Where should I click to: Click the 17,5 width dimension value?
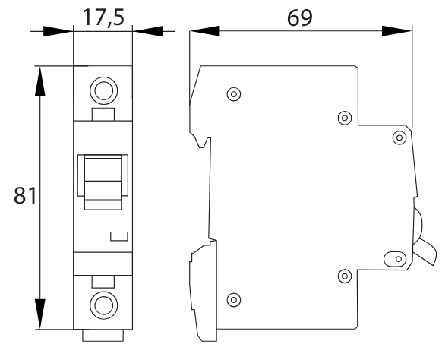pyautogui.click(x=103, y=17)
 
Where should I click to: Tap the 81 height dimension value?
pyautogui.click(x=25, y=195)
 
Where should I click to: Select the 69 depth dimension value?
pyautogui.click(x=300, y=17)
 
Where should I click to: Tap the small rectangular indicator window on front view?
pyautogui.click(x=119, y=236)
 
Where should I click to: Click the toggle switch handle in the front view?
pyautogui.click(x=103, y=182)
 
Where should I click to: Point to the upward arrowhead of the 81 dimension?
pyautogui.click(x=39, y=81)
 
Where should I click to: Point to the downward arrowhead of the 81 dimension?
pyautogui.click(x=39, y=314)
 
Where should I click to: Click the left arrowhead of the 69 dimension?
pyautogui.click(x=204, y=31)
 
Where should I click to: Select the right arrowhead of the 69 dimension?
pyautogui.click(x=397, y=31)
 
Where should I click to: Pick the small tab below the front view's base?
pyautogui.click(x=103, y=336)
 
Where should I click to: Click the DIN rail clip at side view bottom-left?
pyautogui.click(x=204, y=290)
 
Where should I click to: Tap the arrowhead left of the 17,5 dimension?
pyautogui.click(x=58, y=31)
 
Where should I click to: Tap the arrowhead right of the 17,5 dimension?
pyautogui.click(x=147, y=31)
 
